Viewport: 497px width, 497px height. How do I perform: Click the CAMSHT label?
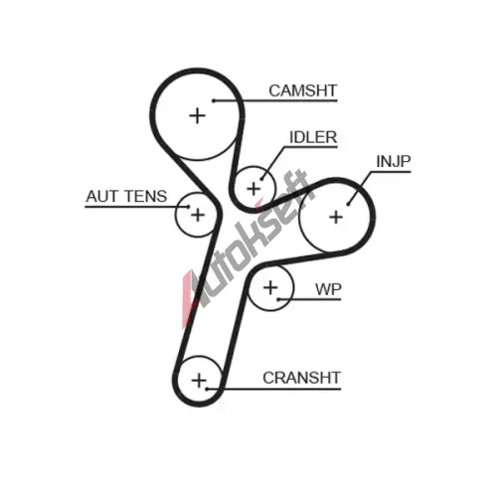(303, 90)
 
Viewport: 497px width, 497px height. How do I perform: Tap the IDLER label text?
(313, 137)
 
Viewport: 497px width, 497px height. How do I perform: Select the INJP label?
(394, 161)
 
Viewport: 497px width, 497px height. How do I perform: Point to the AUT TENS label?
(126, 196)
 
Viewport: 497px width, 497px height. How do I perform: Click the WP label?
(328, 289)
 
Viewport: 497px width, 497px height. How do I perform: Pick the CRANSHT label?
(301, 378)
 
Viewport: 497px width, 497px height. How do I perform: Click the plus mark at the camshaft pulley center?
(198, 116)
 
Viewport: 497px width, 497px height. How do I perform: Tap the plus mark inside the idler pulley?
(254, 189)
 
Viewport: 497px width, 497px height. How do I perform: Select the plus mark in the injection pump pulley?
(336, 218)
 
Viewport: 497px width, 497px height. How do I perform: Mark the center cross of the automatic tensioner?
(198, 215)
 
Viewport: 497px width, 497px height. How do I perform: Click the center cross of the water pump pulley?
(270, 287)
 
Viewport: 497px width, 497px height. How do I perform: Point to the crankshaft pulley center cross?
(199, 381)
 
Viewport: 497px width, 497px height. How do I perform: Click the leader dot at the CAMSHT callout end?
(214, 100)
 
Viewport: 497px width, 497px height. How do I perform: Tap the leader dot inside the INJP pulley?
(348, 204)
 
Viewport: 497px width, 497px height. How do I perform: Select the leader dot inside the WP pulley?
(278, 299)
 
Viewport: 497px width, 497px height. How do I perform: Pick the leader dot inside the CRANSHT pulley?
(206, 389)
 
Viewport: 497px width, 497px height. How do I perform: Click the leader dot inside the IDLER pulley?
(261, 179)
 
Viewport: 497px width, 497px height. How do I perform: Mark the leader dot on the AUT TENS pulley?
(188, 207)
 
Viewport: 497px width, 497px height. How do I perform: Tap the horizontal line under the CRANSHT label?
(273, 389)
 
